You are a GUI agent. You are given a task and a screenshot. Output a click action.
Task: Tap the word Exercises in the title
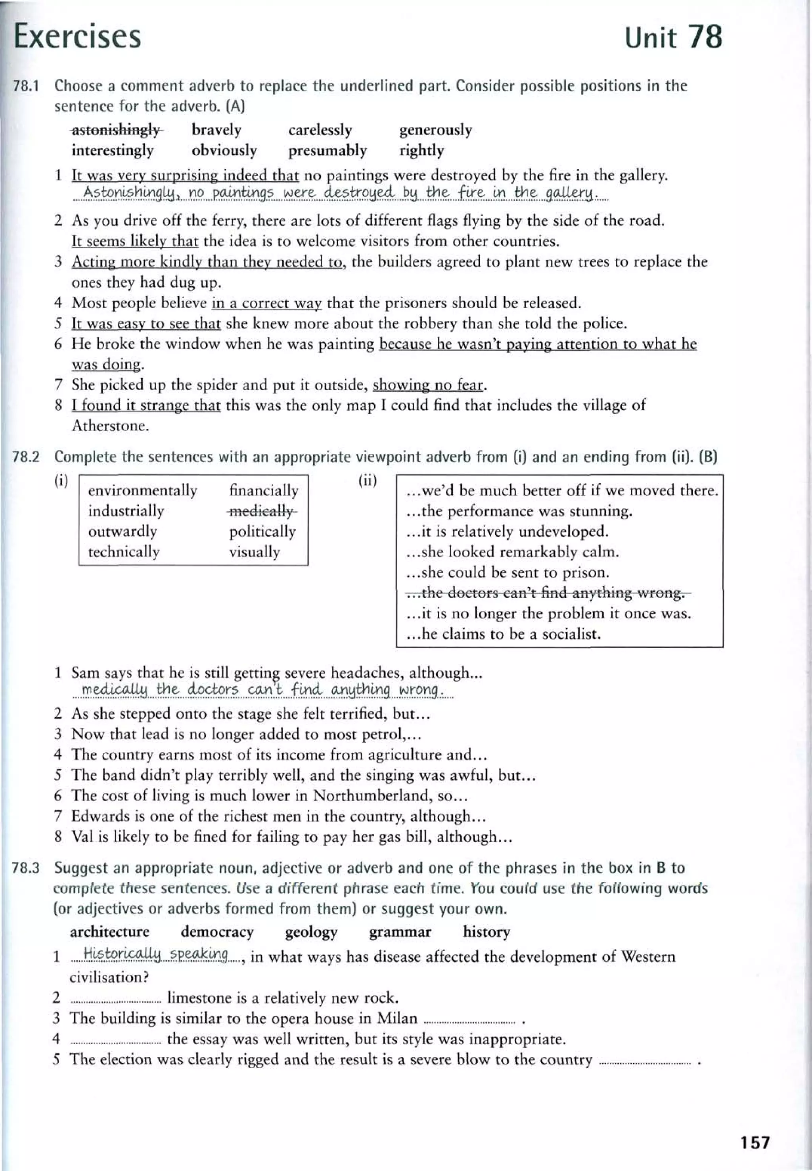(77, 36)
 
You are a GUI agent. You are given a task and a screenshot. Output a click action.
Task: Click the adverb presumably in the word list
(327, 151)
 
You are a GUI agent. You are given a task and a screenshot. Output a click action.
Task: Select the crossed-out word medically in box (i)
(262, 511)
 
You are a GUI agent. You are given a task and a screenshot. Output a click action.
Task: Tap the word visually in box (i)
(255, 552)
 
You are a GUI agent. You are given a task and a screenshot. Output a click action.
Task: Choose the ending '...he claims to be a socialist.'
(503, 634)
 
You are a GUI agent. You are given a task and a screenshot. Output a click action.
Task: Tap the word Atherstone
(110, 426)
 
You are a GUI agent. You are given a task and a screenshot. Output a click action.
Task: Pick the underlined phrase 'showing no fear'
(427, 385)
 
